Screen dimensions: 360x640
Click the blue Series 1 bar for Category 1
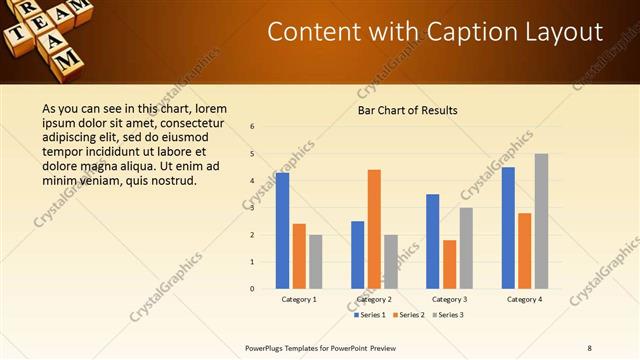point(282,230)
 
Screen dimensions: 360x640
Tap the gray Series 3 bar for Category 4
point(541,221)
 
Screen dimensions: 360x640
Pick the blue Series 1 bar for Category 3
point(432,241)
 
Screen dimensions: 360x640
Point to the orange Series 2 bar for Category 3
point(449,264)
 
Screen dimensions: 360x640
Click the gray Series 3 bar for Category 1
point(316,261)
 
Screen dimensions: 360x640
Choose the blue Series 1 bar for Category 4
point(508,227)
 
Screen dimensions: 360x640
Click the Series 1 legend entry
point(371,315)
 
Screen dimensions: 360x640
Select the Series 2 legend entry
point(409,315)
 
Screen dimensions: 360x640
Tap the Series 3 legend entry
point(447,315)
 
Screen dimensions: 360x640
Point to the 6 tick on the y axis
point(253,127)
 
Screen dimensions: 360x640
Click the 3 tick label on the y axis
point(253,208)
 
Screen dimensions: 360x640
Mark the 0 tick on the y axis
point(253,289)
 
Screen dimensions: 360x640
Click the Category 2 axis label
point(374,299)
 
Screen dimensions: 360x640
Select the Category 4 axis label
point(524,299)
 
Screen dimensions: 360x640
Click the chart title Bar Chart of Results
point(408,110)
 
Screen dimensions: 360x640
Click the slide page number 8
point(589,348)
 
